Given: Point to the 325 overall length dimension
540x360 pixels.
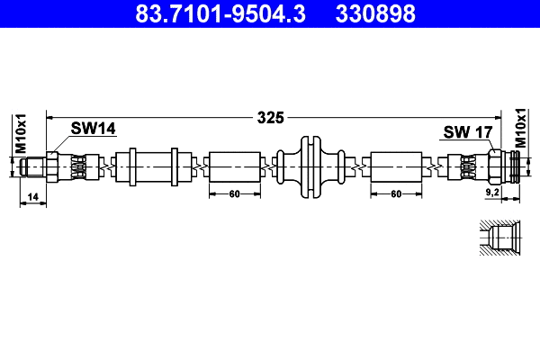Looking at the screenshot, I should (x=270, y=117).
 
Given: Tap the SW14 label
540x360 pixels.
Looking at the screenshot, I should (x=94, y=129).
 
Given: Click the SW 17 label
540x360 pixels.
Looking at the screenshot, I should (x=467, y=132).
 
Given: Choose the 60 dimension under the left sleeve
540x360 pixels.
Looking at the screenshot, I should (x=234, y=193).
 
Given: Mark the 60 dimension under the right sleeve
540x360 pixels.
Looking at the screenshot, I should (x=396, y=193).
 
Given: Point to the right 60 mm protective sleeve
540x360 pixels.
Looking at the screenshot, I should (x=396, y=166).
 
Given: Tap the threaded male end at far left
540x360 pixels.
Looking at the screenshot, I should (x=33, y=166).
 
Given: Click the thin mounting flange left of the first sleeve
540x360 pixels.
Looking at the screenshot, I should (x=131, y=166).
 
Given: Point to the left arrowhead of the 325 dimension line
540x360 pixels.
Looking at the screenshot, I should (x=51, y=117).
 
